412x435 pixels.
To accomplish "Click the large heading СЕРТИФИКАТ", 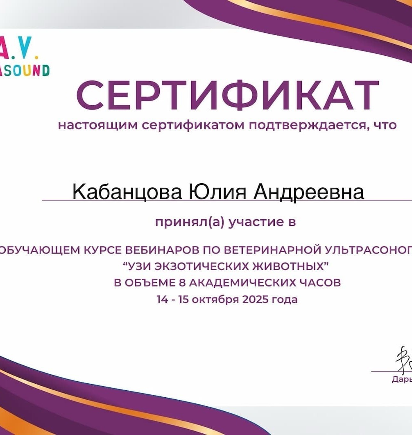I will coord(227,95).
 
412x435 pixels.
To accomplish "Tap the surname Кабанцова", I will coord(127,191).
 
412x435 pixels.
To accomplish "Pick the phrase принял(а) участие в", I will coord(225,223).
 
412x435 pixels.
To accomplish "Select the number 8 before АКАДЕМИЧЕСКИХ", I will coord(183,283).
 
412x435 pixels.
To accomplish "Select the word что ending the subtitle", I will coord(385,125).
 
